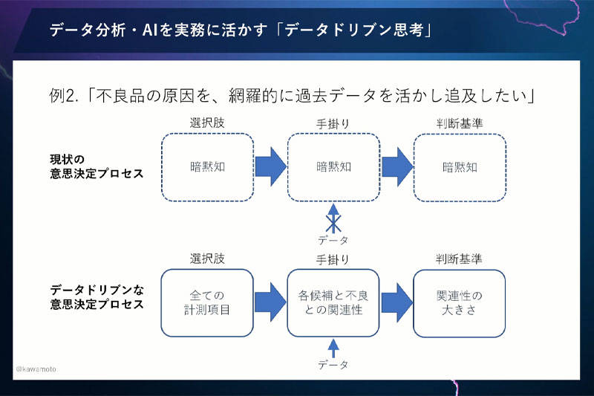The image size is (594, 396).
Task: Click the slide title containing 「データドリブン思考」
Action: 241,30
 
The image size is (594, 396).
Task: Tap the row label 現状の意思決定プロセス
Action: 97,166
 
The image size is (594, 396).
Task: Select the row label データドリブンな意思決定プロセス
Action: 97,297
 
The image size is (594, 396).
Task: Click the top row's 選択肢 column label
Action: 207,123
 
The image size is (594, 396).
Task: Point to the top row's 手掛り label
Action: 333,123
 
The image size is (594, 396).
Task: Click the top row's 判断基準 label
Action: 460,123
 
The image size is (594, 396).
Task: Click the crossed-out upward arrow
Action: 333,218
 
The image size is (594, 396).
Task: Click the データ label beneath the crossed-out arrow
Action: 333,240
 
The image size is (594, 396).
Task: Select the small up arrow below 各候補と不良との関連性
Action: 333,348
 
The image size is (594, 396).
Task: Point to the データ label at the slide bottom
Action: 333,365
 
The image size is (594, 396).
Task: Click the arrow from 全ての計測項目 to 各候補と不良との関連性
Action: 270,302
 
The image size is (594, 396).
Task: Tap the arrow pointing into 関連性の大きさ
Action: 396,302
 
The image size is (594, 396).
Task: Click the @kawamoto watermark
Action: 36,369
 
